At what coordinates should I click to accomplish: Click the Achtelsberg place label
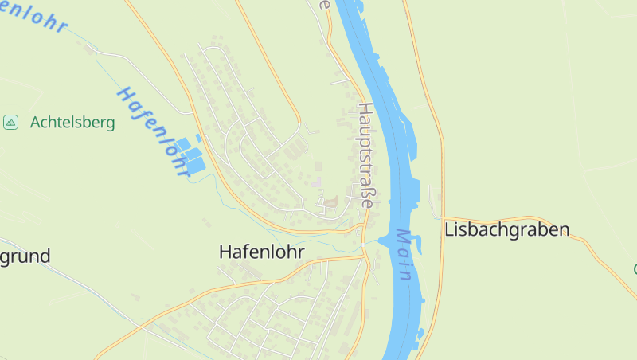[72, 123]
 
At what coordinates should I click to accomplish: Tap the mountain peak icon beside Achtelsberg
[10, 122]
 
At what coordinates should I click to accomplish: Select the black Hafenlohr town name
[261, 252]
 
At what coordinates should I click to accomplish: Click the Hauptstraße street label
[365, 155]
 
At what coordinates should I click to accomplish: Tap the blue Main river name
[404, 255]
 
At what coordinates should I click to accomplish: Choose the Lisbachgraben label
[507, 230]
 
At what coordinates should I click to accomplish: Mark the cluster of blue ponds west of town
[190, 155]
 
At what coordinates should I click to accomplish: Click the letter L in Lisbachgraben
[450, 230]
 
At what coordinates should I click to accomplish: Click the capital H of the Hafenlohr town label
[225, 252]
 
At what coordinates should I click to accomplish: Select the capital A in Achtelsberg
[36, 123]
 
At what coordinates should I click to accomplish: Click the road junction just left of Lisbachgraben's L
[440, 217]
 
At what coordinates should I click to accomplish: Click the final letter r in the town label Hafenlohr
[301, 252]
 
